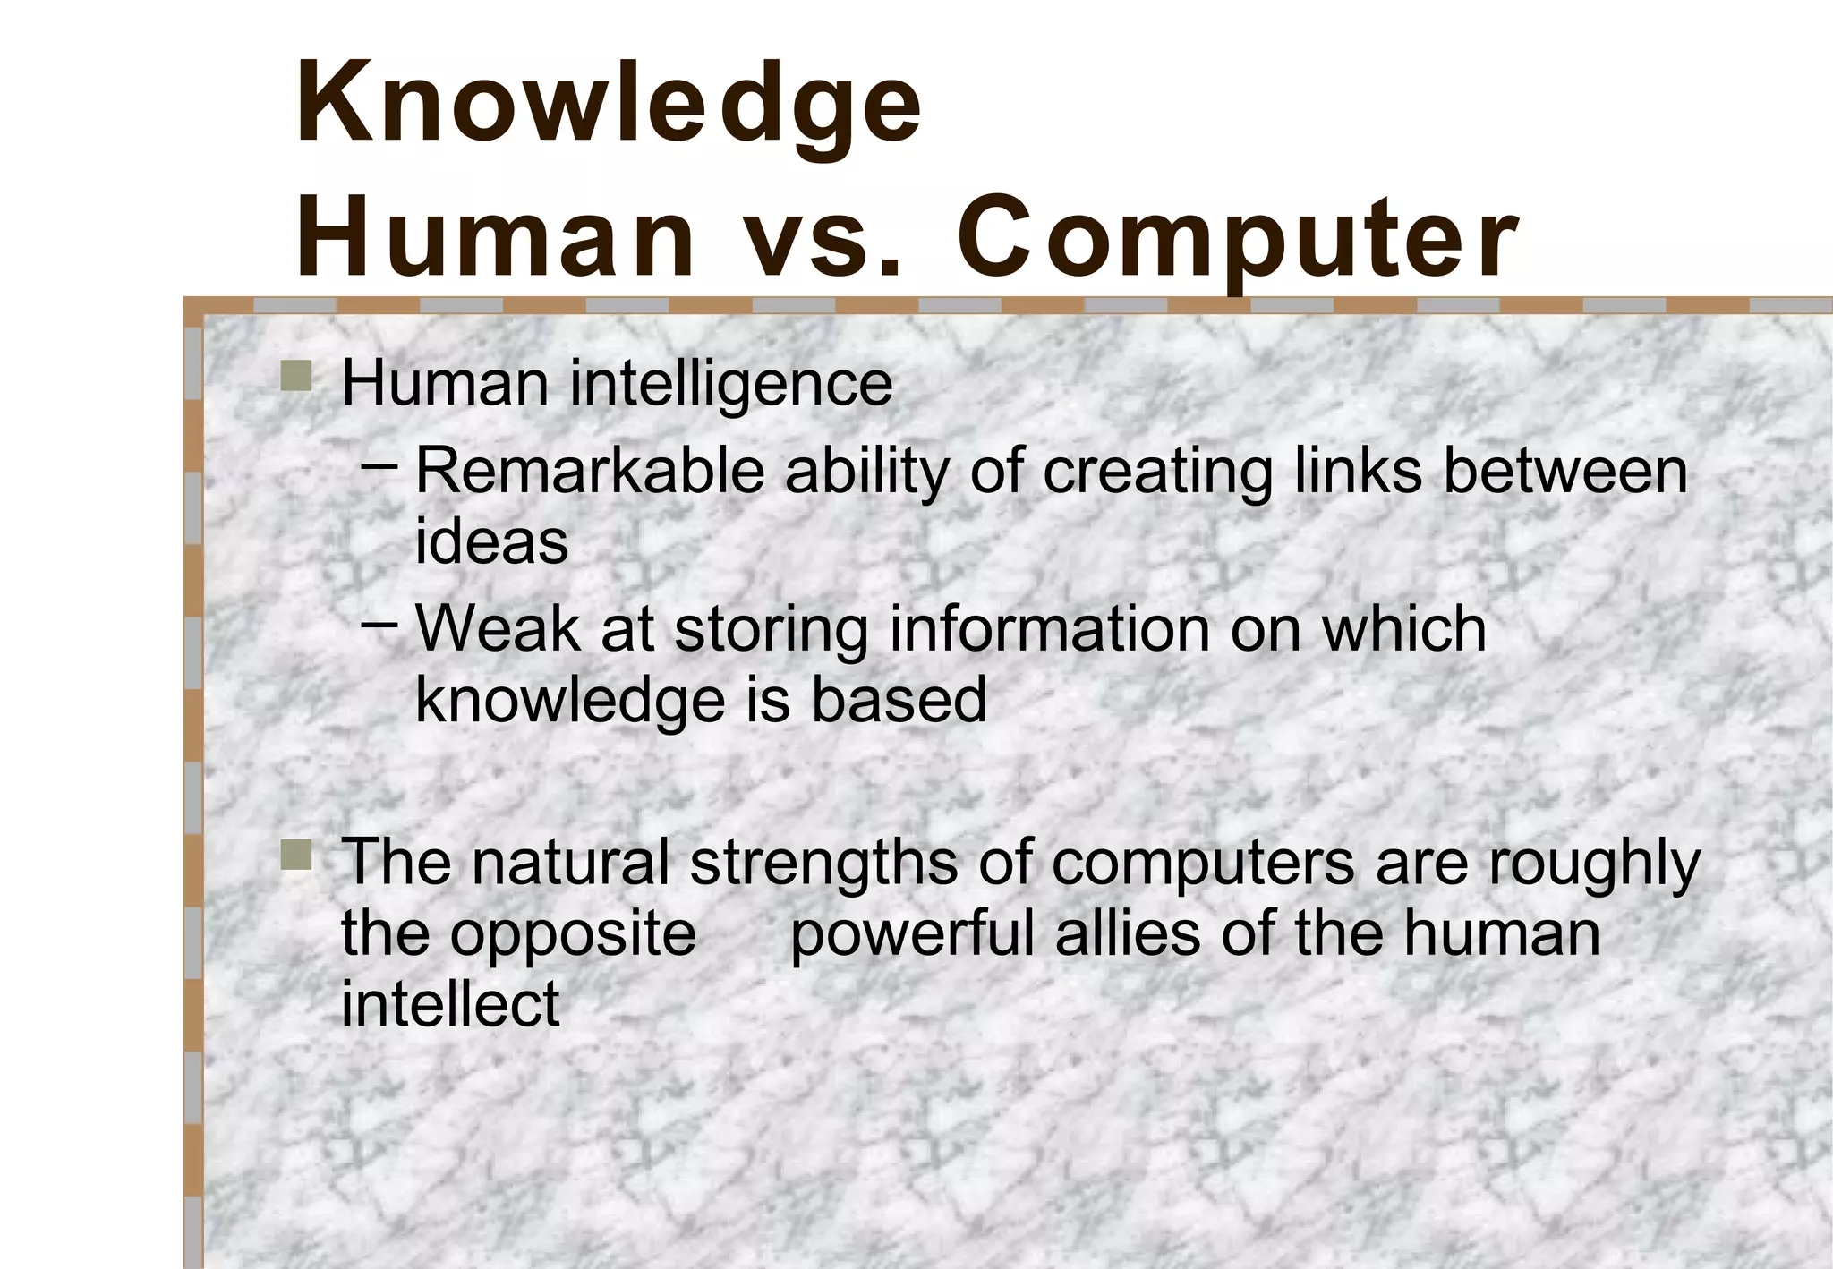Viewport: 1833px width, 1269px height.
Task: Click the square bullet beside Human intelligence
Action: click(x=295, y=376)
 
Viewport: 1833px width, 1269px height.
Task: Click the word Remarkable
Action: click(x=590, y=472)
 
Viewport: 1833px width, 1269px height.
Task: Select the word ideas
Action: click(x=491, y=542)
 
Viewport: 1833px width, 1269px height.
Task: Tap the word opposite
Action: click(x=573, y=936)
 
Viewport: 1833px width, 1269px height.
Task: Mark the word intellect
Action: click(x=450, y=1004)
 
